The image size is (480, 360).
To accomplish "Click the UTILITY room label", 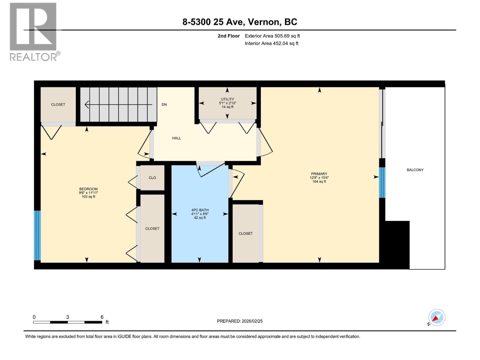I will pos(227,99).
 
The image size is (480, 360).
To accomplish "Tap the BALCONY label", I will pos(415,170).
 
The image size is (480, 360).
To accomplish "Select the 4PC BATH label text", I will pos(200,210).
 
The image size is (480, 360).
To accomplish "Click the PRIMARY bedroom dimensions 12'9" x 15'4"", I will pos(319,178).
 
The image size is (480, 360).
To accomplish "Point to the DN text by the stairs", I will pos(164,104).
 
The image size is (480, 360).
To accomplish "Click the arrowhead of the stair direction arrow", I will pos(87,104).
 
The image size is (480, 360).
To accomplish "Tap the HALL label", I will pos(176,138).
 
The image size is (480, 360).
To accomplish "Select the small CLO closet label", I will pos(152,178).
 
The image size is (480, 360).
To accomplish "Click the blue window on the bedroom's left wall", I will pos(37,235).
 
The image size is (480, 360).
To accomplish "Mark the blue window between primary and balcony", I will pos(382,182).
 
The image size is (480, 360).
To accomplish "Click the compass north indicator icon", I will pos(436,317).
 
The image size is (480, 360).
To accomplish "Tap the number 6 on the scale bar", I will pos(102,317).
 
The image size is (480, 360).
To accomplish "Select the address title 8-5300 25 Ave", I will pos(240,22).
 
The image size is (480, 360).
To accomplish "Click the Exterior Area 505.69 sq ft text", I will pos(272,36).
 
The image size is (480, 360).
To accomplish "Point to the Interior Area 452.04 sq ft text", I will pos(271,43).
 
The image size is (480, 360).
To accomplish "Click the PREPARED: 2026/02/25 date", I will pos(240,321).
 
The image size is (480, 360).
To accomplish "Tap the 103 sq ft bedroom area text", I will pos(88,197).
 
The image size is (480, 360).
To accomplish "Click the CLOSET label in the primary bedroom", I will pos(245,233).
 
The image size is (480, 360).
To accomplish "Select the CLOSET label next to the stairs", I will pos(58,104).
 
